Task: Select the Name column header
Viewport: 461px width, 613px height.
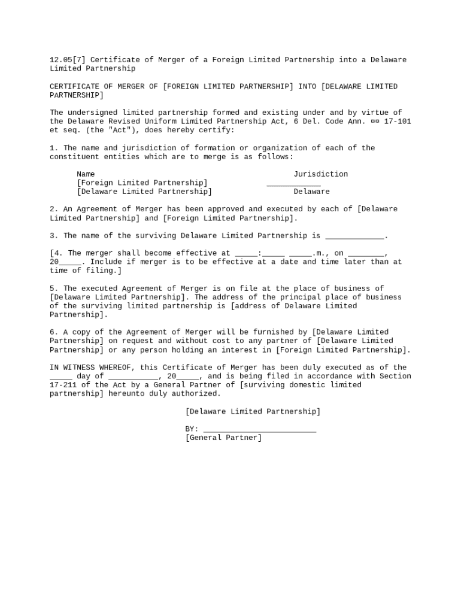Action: pyautogui.click(x=86, y=174)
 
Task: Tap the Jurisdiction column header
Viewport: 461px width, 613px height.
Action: pyautogui.click(x=320, y=174)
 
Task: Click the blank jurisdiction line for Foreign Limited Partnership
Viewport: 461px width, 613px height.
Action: pyautogui.click(x=293, y=184)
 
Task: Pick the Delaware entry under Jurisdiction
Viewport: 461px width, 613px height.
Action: pyautogui.click(x=311, y=192)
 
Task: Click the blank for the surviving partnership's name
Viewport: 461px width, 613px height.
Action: pyautogui.click(x=354, y=236)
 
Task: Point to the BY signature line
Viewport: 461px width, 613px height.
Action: pyautogui.click(x=259, y=430)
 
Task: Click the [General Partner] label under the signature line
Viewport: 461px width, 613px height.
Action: pyautogui.click(x=223, y=438)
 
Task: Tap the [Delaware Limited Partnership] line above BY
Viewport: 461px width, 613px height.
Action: pyautogui.click(x=253, y=412)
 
